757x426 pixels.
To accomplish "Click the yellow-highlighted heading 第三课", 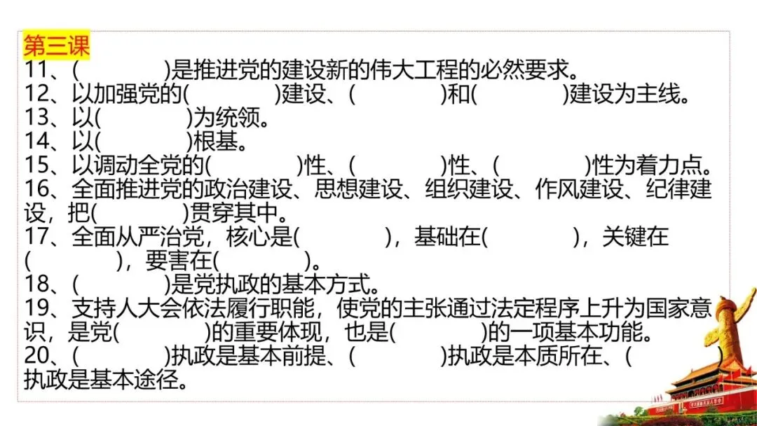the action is coord(57,46).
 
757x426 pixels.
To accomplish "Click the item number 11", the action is coord(36,70).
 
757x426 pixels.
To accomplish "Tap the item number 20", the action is coord(36,356).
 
